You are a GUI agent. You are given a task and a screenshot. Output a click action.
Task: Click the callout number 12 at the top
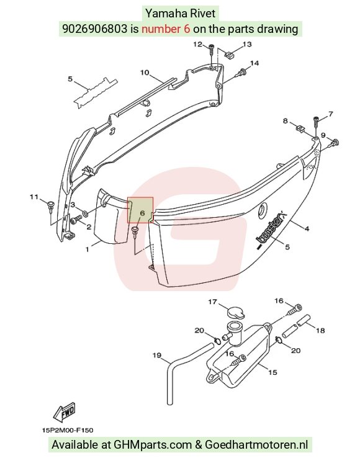pos(198,44)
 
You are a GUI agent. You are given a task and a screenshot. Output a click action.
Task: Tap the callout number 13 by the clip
pos(247,44)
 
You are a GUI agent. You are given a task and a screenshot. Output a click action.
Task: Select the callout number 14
pos(254,63)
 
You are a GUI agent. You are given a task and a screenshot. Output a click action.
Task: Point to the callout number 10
pos(145,72)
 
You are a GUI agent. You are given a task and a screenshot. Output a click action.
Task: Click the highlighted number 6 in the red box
pos(142,213)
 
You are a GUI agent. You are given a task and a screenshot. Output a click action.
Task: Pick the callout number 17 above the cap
pos(212,301)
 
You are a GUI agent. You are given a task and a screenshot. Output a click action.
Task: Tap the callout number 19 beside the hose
pos(157,355)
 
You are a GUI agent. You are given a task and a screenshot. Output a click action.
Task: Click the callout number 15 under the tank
pos(272,372)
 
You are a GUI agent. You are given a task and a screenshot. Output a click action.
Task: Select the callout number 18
pos(320,330)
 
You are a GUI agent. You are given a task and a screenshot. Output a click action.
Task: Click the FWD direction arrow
pos(65,412)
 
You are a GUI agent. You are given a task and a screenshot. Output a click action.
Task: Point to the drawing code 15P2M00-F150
pos(68,430)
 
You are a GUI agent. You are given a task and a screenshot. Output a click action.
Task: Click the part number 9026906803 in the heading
pos(95,29)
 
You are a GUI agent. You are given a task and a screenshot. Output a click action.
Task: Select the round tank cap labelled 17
pos(236,312)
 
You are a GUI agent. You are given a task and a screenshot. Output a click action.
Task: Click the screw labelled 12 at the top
pos(212,50)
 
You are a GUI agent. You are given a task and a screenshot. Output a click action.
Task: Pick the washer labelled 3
pos(86,214)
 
